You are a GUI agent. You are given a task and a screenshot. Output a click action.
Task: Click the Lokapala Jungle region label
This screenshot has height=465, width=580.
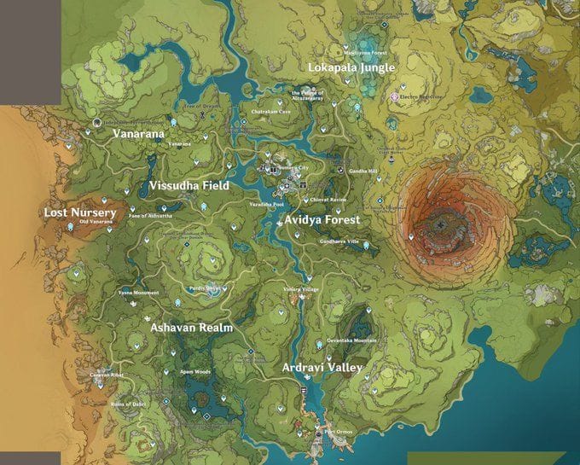tap(351, 67)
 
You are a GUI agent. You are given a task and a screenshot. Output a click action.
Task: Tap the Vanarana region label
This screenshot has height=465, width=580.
tap(138, 134)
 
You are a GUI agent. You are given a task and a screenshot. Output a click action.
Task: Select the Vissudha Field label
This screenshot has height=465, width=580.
tap(189, 185)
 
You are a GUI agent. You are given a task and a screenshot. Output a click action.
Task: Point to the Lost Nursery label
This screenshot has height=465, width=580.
tap(80, 212)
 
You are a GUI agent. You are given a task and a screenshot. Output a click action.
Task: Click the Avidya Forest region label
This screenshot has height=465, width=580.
tap(322, 219)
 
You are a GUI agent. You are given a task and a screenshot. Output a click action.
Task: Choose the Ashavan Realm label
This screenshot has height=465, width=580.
tap(191, 327)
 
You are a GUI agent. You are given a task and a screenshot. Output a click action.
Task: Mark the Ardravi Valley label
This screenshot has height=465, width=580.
tap(322, 368)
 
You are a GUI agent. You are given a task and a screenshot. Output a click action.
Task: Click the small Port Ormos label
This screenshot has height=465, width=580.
tap(339, 431)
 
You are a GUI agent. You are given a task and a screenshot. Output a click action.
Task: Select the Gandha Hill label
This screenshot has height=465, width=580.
tap(362, 171)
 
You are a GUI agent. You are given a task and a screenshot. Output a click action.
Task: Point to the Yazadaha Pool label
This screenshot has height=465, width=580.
tap(266, 205)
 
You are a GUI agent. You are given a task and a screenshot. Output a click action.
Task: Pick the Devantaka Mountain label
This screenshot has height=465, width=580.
tap(351, 340)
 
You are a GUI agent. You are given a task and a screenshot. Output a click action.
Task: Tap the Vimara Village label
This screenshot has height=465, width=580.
tap(300, 289)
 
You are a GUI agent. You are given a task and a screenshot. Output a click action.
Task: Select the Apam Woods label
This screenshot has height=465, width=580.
tap(195, 372)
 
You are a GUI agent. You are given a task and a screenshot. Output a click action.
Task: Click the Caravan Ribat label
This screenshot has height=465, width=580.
tap(107, 375)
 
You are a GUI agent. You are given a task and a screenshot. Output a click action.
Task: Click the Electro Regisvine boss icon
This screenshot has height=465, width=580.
tap(394, 97)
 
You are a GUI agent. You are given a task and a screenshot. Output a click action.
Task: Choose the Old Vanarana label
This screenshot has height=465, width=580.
tap(96, 223)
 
